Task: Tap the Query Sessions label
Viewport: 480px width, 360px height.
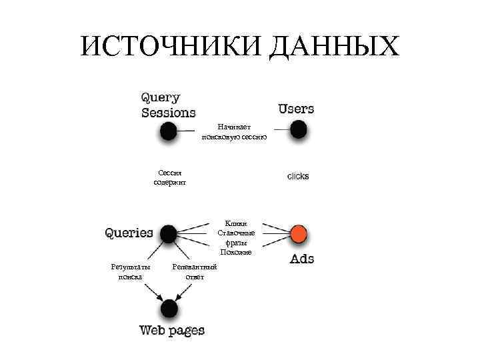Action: pyautogui.click(x=168, y=105)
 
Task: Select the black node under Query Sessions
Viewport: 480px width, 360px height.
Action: pyautogui.click(x=169, y=131)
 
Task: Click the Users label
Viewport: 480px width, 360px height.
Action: pyautogui.click(x=296, y=108)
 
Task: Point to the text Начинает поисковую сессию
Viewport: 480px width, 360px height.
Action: pyautogui.click(x=235, y=131)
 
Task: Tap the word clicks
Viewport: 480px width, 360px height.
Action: pyautogui.click(x=298, y=177)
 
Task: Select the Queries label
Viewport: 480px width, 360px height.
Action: pyautogui.click(x=129, y=233)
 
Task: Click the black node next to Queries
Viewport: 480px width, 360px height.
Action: pyautogui.click(x=169, y=233)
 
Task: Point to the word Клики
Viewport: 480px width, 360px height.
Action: pyautogui.click(x=236, y=224)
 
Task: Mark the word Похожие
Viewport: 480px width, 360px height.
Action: pyautogui.click(x=236, y=252)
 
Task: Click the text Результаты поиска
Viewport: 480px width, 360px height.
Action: pyautogui.click(x=130, y=271)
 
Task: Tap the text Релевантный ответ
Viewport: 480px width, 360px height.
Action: pyautogui.click(x=195, y=271)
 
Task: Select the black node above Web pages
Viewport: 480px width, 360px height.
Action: pyautogui.click(x=169, y=309)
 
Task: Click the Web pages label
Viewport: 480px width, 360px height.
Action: pyautogui.click(x=172, y=331)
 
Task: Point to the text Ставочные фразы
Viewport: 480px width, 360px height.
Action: pyautogui.click(x=236, y=238)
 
